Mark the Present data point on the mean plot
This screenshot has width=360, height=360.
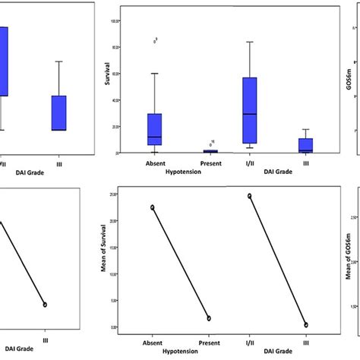(x=210, y=318)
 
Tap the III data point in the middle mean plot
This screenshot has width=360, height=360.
(x=306, y=324)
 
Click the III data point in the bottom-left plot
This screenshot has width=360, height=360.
(x=45, y=304)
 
